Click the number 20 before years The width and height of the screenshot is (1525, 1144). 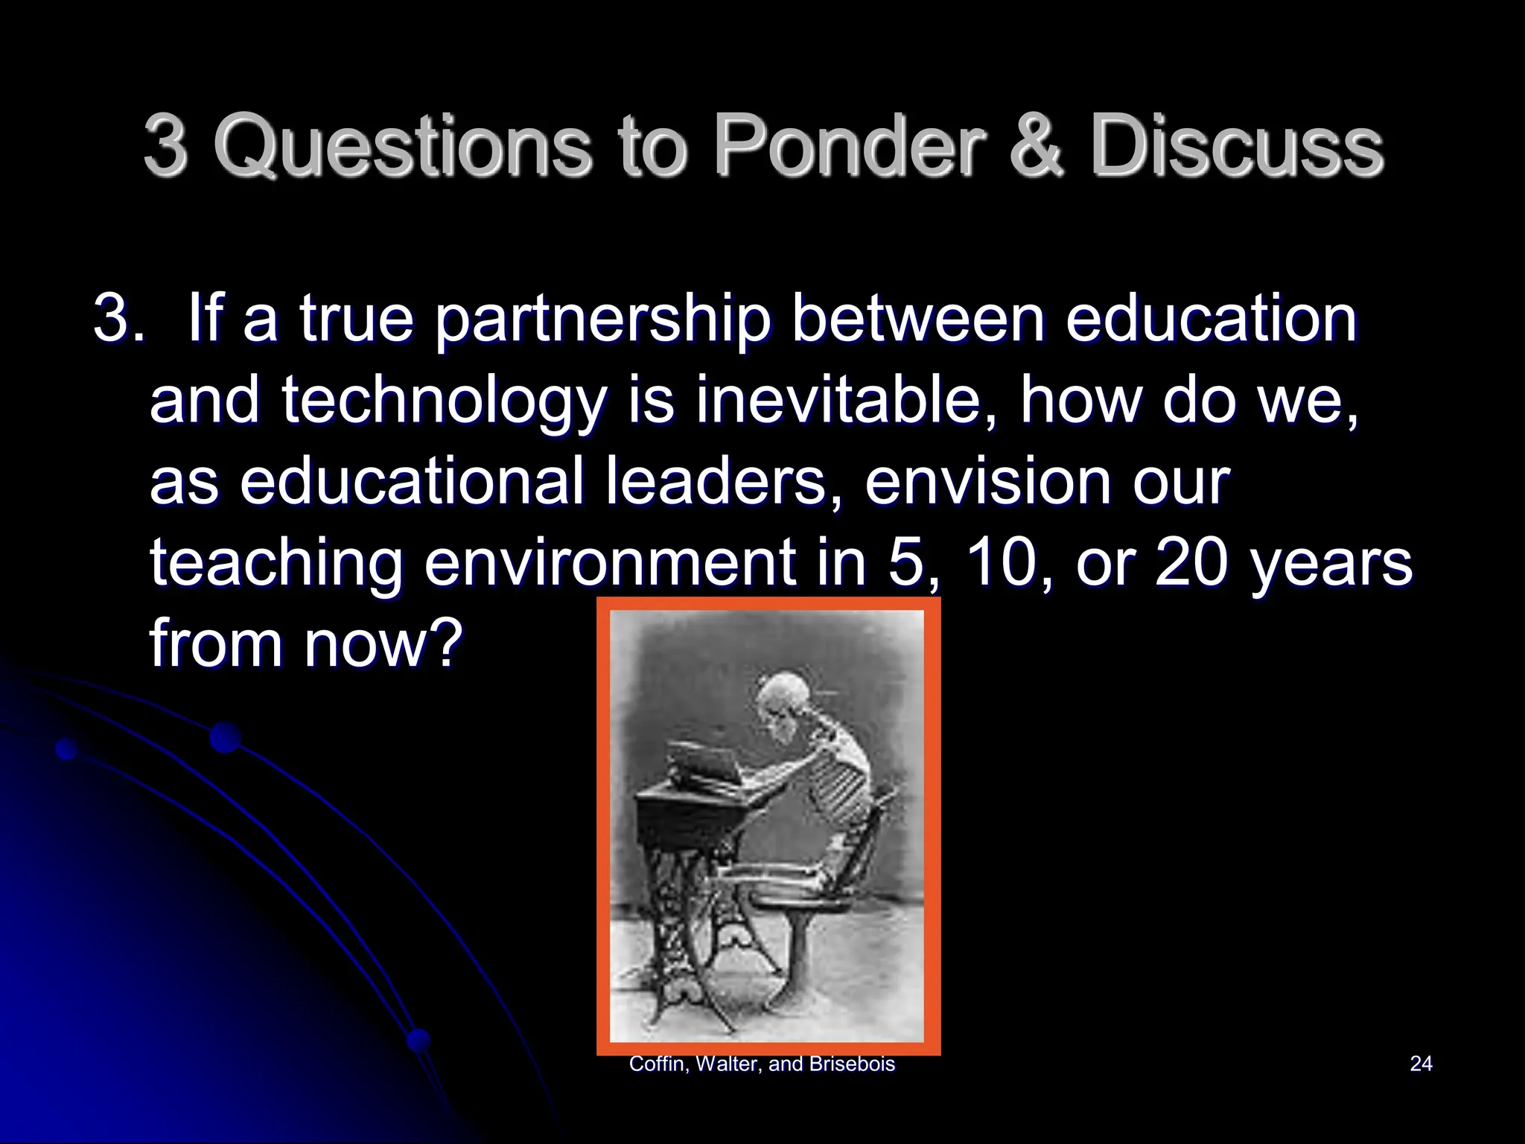pyautogui.click(x=1190, y=562)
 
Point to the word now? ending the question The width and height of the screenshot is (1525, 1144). pyautogui.click(x=383, y=643)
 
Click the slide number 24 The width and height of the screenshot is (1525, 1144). pyautogui.click(x=1421, y=1064)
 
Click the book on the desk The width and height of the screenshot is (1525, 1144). pyautogui.click(x=704, y=763)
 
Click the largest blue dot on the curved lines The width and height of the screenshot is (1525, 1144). pyautogui.click(x=225, y=737)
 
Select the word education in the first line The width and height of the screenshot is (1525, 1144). pyautogui.click(x=1212, y=320)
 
